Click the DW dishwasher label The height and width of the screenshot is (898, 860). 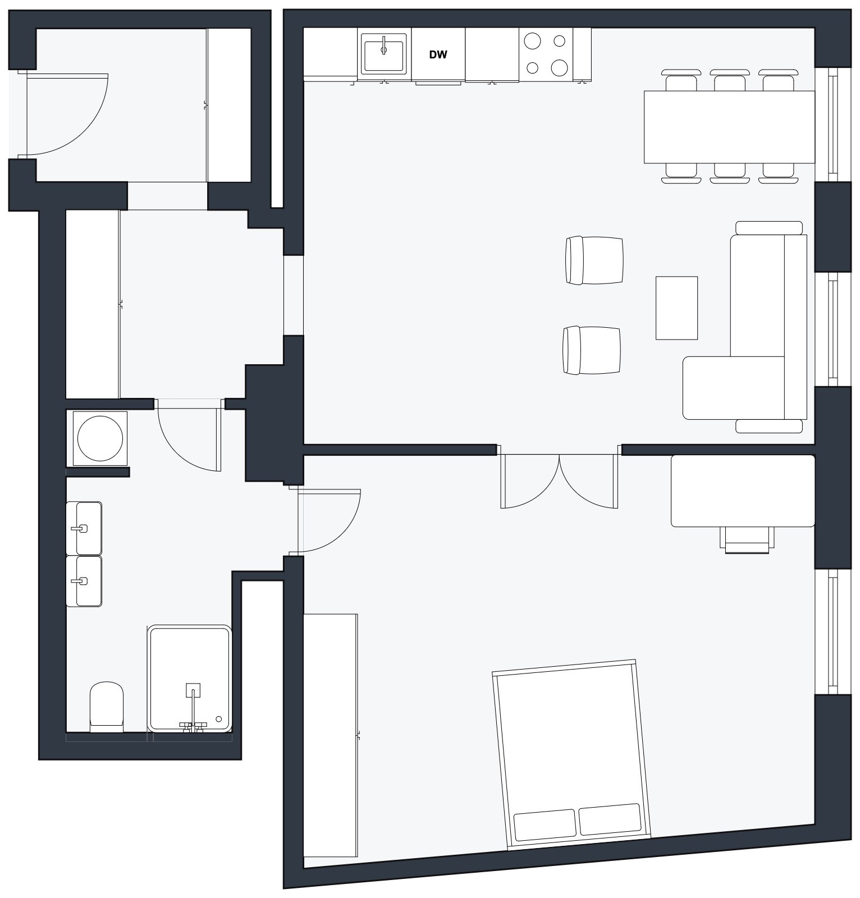[438, 55]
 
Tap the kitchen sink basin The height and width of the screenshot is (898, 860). [383, 53]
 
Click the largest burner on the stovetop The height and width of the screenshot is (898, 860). [559, 67]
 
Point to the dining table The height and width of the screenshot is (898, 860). [729, 127]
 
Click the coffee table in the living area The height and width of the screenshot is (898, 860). [676, 308]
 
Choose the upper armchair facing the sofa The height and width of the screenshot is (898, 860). [594, 260]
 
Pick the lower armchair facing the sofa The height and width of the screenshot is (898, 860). [592, 350]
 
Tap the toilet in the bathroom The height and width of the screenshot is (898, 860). [107, 707]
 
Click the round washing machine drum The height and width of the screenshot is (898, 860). [100, 438]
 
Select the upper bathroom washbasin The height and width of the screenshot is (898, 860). [84, 528]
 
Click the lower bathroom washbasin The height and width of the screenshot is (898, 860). [84, 581]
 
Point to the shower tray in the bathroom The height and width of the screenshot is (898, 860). [190, 678]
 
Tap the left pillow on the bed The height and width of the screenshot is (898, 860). [545, 825]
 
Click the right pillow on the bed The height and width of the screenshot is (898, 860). [610, 819]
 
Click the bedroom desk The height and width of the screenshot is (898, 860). [743, 491]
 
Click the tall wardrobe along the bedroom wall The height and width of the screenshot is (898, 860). [330, 735]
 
